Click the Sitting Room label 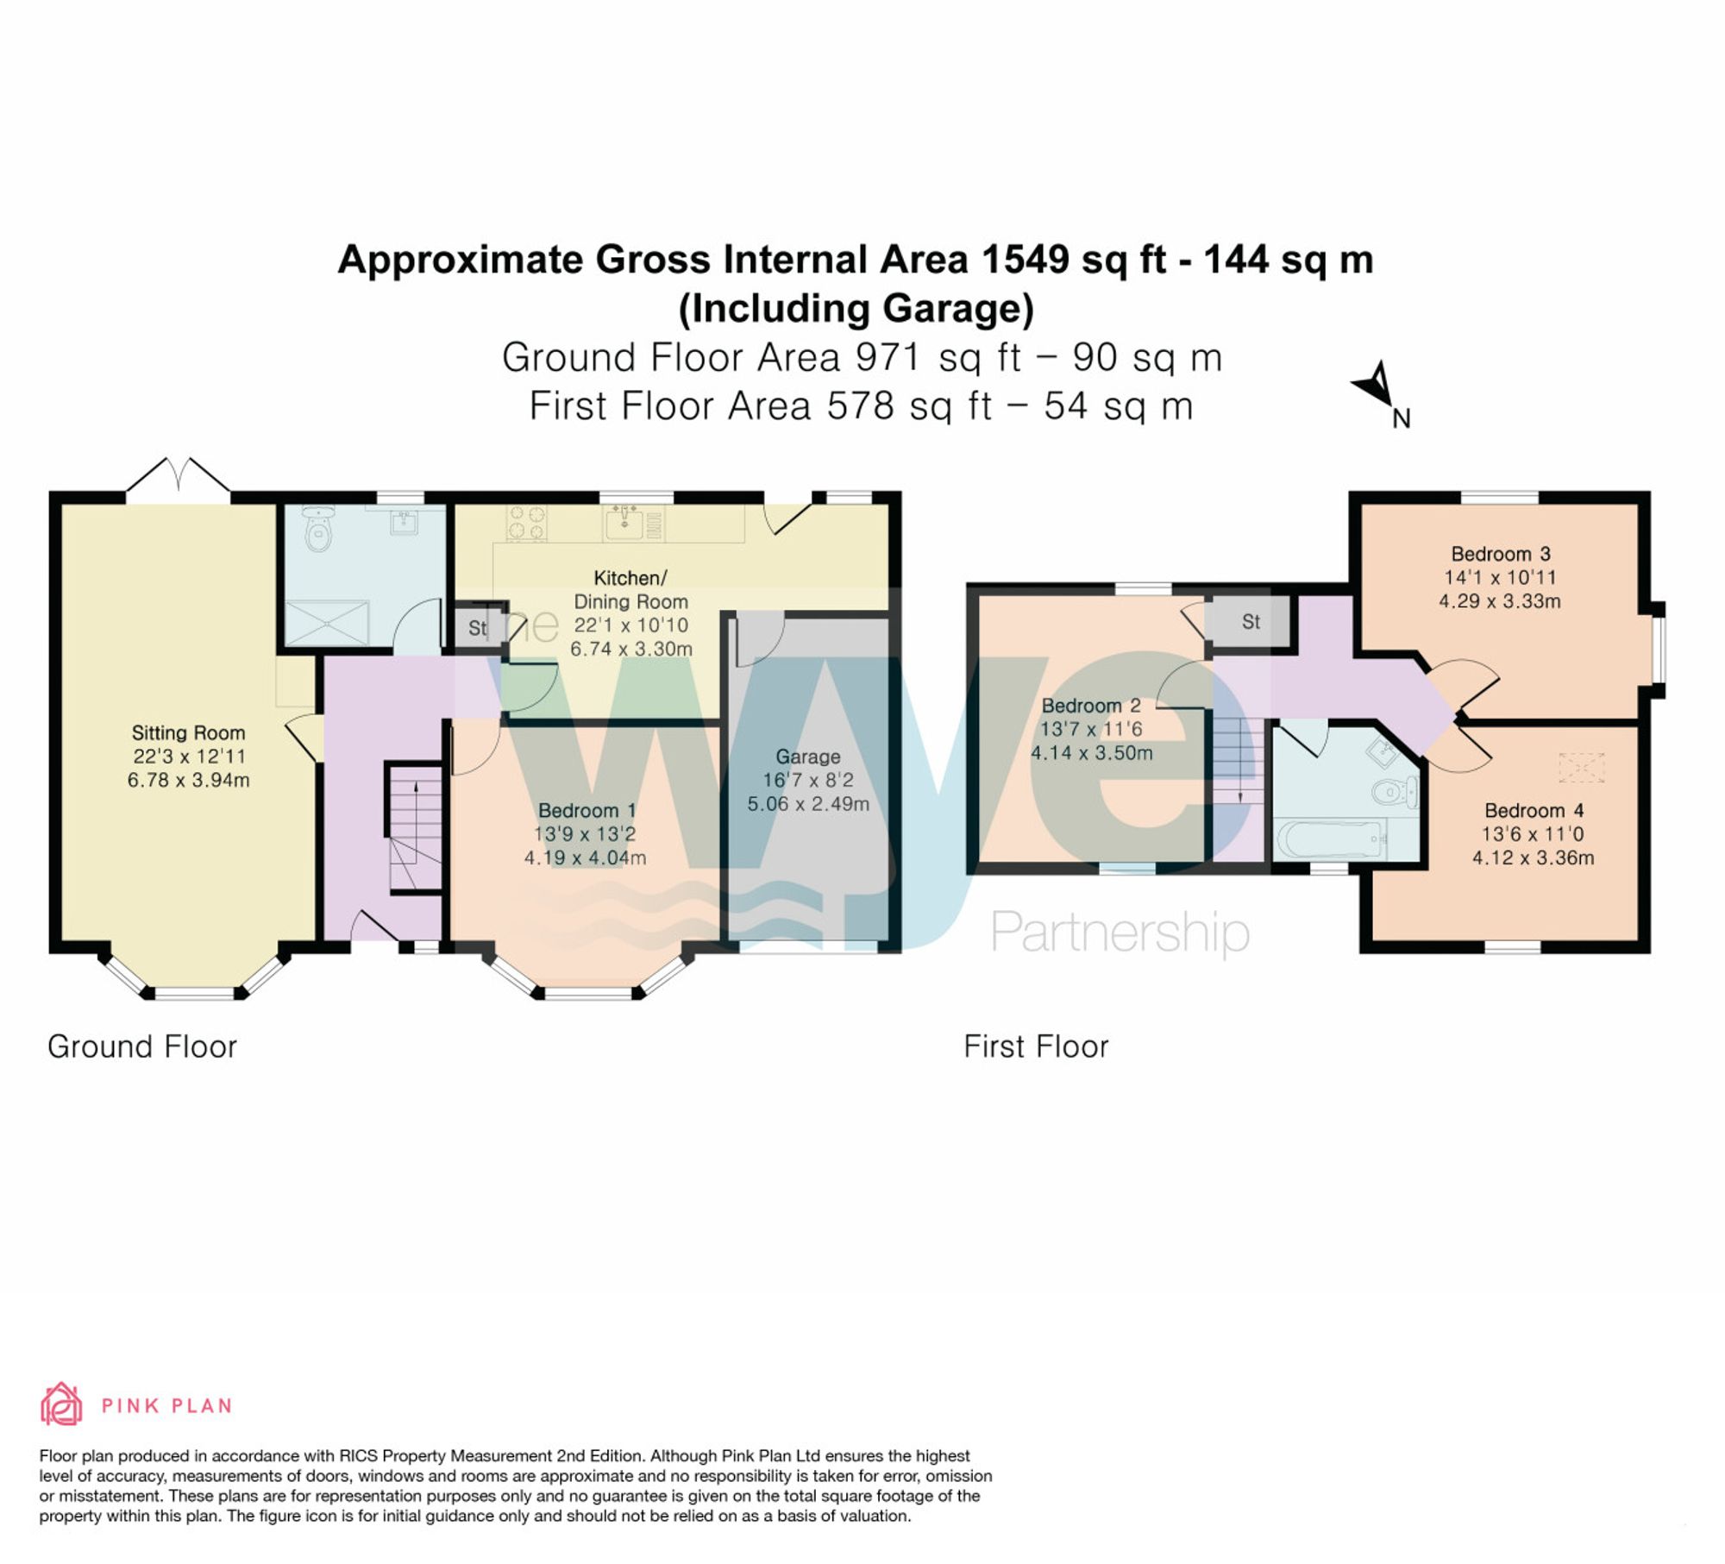(188, 733)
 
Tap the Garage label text (807, 757)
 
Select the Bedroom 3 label (1500, 554)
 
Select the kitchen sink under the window (624, 522)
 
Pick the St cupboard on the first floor (1250, 622)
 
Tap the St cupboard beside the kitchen (477, 628)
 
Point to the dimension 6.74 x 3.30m (630, 649)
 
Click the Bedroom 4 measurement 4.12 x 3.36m (1533, 857)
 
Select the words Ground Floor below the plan (141, 1046)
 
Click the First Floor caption (1035, 1046)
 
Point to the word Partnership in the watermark (1119, 932)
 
